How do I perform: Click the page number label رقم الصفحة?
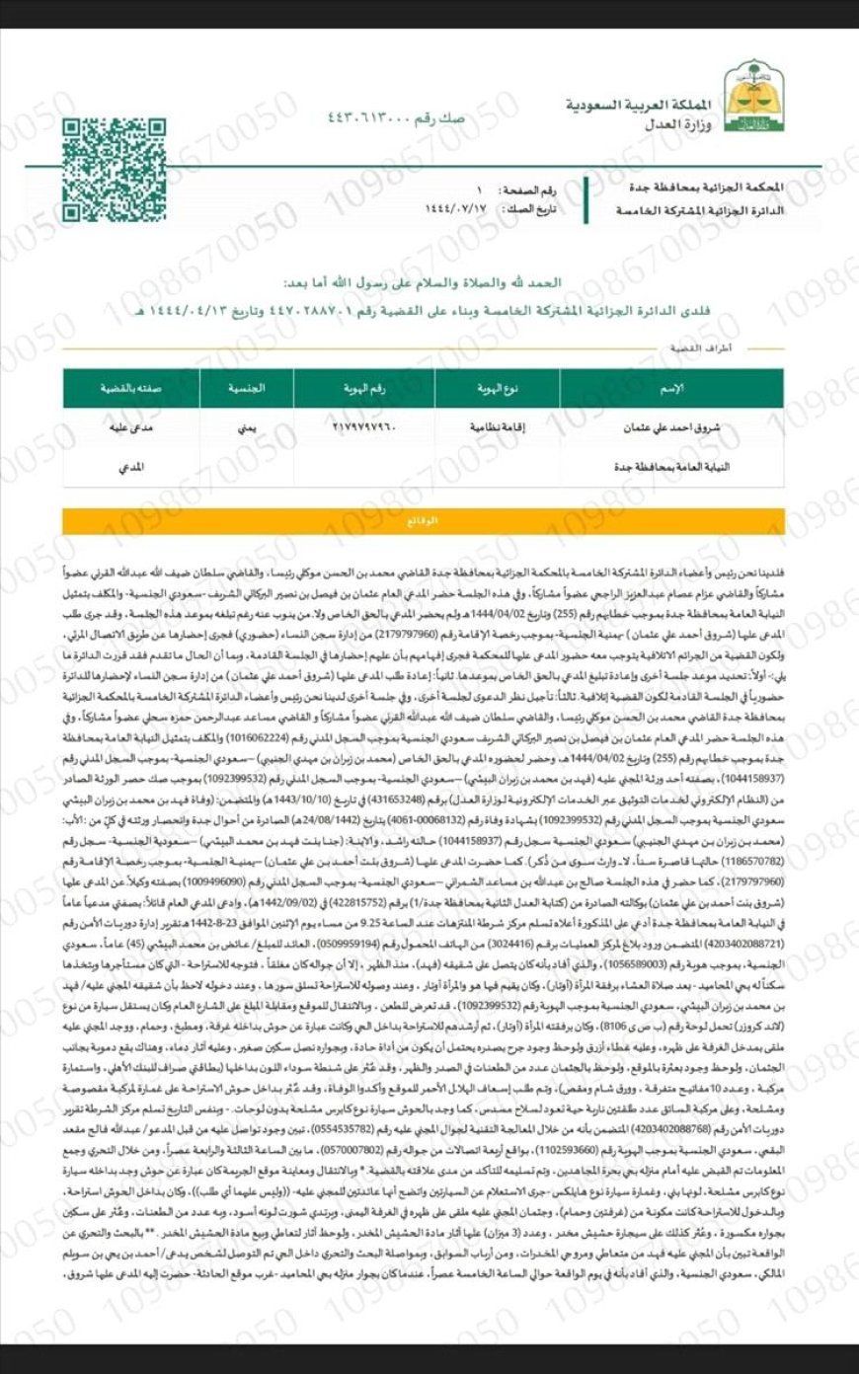click(x=534, y=188)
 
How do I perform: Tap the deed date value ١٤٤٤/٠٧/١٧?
click(x=455, y=209)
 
